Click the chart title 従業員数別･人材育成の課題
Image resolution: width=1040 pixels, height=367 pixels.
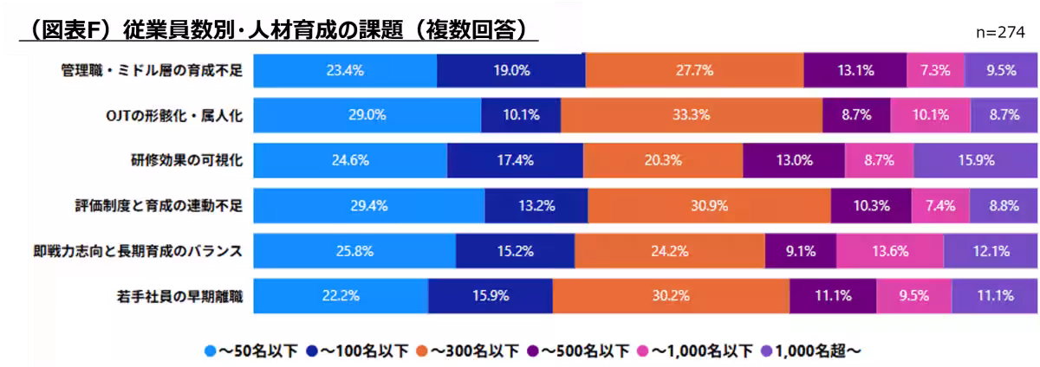[277, 29]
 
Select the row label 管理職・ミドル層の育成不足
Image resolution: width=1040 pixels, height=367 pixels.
[146, 70]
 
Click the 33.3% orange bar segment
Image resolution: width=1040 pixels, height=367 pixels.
[692, 114]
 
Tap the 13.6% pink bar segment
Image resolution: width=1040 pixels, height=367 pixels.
[890, 252]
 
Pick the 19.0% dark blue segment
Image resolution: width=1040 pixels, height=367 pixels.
[510, 70]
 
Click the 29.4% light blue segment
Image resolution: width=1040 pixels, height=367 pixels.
[368, 206]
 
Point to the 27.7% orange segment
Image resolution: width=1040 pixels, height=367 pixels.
[694, 70]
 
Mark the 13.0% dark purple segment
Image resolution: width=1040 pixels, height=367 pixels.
[794, 160]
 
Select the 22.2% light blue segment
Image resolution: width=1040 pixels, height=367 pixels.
[341, 296]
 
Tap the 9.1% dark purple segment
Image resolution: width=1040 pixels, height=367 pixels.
[800, 252]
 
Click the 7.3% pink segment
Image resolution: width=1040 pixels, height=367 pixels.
[935, 70]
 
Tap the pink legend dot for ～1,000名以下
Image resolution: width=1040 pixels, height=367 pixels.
[643, 351]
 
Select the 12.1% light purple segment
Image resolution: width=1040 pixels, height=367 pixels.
[991, 252]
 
